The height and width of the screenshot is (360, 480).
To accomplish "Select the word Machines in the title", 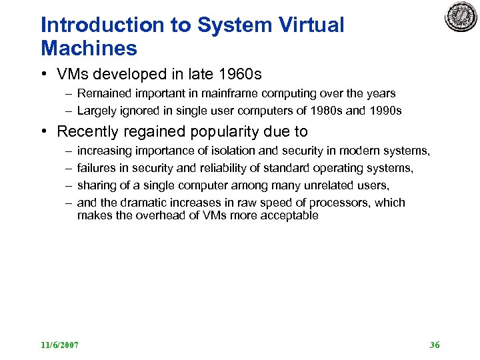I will pos(89,48).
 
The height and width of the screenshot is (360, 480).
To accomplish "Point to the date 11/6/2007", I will pos(59,345).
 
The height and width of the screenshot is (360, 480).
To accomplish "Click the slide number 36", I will pos(435,345).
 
